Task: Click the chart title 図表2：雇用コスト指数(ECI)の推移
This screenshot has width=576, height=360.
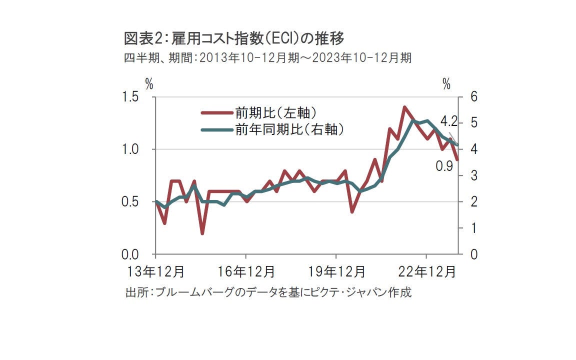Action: point(234,37)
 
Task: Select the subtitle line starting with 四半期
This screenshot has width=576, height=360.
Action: point(267,58)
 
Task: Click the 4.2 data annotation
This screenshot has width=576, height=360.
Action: point(448,121)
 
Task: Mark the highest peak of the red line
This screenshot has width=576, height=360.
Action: point(403,107)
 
